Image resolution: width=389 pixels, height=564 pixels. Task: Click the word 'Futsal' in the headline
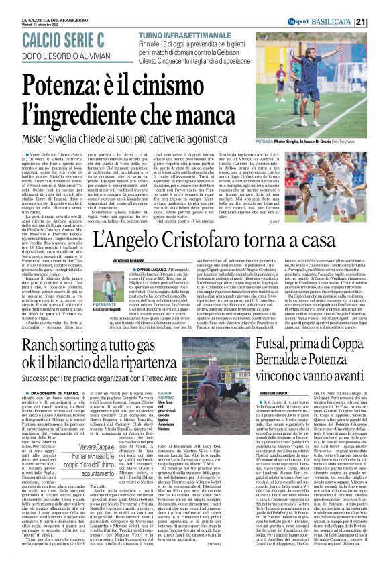tap(278, 347)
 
